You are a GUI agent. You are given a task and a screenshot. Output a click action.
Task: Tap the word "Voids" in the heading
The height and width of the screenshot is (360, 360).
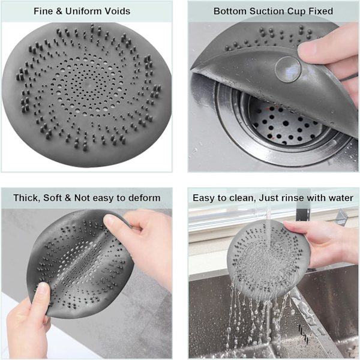click(118, 11)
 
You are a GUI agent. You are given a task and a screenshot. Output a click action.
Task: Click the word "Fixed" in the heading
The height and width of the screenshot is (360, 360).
click(321, 11)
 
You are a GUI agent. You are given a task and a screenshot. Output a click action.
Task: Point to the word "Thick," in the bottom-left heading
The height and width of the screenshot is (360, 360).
click(27, 198)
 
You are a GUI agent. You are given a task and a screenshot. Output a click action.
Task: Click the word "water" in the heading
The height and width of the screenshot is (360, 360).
click(341, 198)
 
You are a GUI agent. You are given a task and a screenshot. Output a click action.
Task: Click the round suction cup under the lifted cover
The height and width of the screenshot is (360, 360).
click(288, 69)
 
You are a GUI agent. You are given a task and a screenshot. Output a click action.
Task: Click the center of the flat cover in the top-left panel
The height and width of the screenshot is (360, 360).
click(85, 85)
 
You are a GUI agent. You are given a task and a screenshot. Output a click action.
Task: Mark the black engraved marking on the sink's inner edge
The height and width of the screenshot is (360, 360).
click(303, 332)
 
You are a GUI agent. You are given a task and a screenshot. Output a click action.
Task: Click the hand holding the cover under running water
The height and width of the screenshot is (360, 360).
click(322, 244)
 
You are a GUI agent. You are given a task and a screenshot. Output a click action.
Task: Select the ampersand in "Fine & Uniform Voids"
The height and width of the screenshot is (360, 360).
click(59, 11)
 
